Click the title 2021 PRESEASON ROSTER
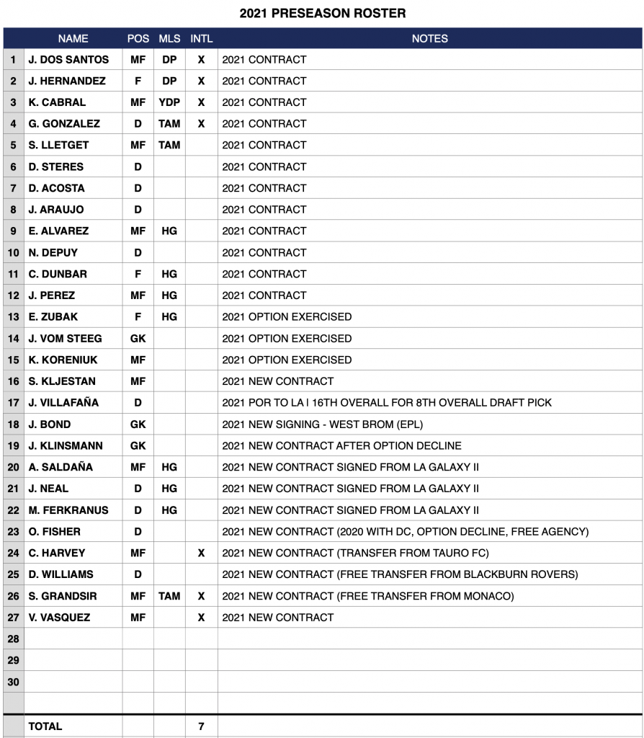[322, 13]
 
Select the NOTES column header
[429, 39]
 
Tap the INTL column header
[201, 39]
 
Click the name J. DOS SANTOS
[68, 59]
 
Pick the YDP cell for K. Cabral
[169, 102]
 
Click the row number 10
[13, 253]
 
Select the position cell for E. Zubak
[138, 316]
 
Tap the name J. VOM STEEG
[65, 338]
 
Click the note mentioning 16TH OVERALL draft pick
[387, 403]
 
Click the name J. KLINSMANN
[66, 445]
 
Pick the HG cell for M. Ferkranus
[169, 510]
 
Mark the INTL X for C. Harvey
[201, 553]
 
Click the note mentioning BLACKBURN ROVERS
[400, 574]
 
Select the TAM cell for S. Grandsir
[169, 596]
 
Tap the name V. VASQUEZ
[59, 618]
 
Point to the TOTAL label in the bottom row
[45, 726]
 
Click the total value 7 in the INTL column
[201, 726]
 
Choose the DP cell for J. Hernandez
[169, 81]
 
